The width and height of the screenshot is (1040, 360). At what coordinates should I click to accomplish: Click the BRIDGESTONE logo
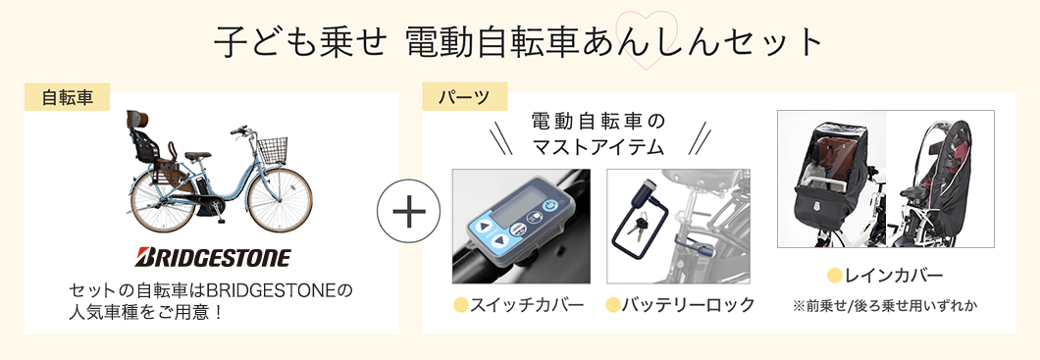(x=213, y=259)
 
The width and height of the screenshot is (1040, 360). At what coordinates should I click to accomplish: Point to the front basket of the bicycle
(x=274, y=150)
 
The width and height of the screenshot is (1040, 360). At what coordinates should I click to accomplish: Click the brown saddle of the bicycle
(x=200, y=154)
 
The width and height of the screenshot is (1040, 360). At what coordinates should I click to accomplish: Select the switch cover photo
(x=521, y=227)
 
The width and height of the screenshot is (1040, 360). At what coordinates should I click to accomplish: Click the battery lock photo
(x=677, y=227)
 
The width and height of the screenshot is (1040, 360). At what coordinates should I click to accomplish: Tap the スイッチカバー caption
(x=526, y=304)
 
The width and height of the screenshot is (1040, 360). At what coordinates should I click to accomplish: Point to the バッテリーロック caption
(x=689, y=304)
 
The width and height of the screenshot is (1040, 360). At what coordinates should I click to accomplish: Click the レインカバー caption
(x=893, y=275)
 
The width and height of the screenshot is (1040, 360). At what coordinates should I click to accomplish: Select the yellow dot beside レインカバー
(x=835, y=275)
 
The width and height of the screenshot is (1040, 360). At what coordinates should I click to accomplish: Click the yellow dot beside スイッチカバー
(x=460, y=304)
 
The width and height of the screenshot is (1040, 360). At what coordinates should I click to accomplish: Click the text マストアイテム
(x=598, y=147)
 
